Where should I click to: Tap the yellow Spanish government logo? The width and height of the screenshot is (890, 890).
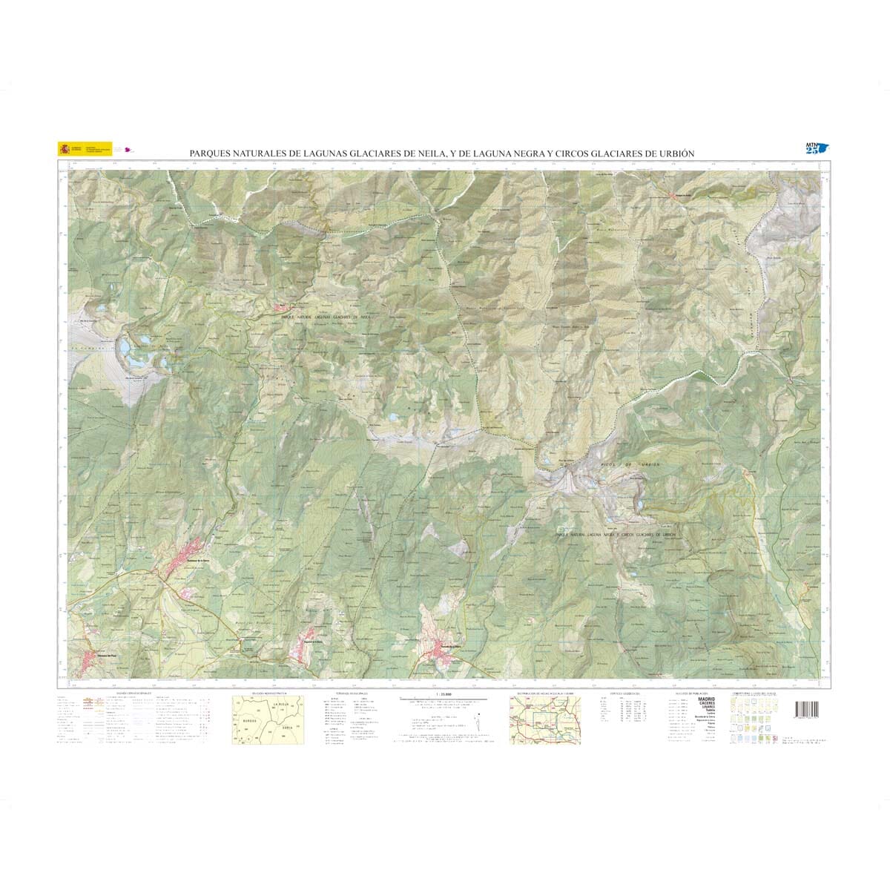click(65, 148)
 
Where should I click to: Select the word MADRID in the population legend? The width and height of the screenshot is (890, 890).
click(706, 699)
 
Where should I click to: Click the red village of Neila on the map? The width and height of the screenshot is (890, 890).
click(285, 308)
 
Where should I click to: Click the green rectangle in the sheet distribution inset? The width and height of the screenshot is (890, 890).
click(549, 716)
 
